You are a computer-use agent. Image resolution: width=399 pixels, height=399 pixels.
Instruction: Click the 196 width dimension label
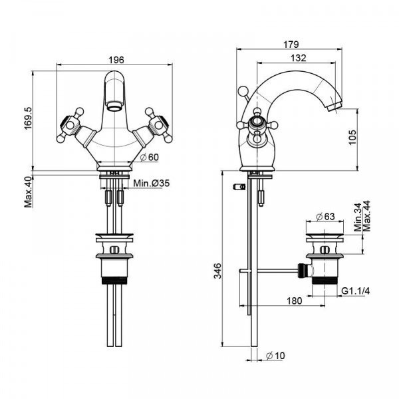116,60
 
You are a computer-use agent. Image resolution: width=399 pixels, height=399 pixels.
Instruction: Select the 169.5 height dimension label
28,118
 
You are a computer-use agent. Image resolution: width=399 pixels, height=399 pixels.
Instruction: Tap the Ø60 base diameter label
150,157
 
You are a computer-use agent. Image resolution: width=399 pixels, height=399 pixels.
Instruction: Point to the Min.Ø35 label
151,183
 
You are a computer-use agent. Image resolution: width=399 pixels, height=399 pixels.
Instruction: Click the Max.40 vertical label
28,192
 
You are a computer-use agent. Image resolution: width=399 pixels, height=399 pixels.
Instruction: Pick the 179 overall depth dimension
291,45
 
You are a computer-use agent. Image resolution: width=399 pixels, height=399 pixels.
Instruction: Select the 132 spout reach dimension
298,58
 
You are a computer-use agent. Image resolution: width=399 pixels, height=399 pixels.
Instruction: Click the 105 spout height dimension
352,138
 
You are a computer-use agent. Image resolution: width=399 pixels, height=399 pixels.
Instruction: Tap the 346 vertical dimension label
217,271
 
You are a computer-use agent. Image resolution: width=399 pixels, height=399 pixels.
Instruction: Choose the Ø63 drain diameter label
325,217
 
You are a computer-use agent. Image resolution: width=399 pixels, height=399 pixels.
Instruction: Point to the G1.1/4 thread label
356,291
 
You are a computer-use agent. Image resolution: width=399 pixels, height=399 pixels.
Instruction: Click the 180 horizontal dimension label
295,301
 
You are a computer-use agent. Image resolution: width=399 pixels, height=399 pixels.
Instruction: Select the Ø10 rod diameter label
275,356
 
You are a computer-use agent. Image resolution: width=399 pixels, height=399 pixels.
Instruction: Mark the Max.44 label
366,216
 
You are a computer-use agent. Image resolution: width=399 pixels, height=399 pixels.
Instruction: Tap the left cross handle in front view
70,125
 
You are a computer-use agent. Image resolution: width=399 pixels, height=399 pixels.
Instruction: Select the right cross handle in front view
159,125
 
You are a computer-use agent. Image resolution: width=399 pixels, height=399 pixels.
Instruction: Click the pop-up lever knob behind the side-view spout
243,90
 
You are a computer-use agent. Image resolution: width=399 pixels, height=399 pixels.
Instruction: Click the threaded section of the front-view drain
114,280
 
